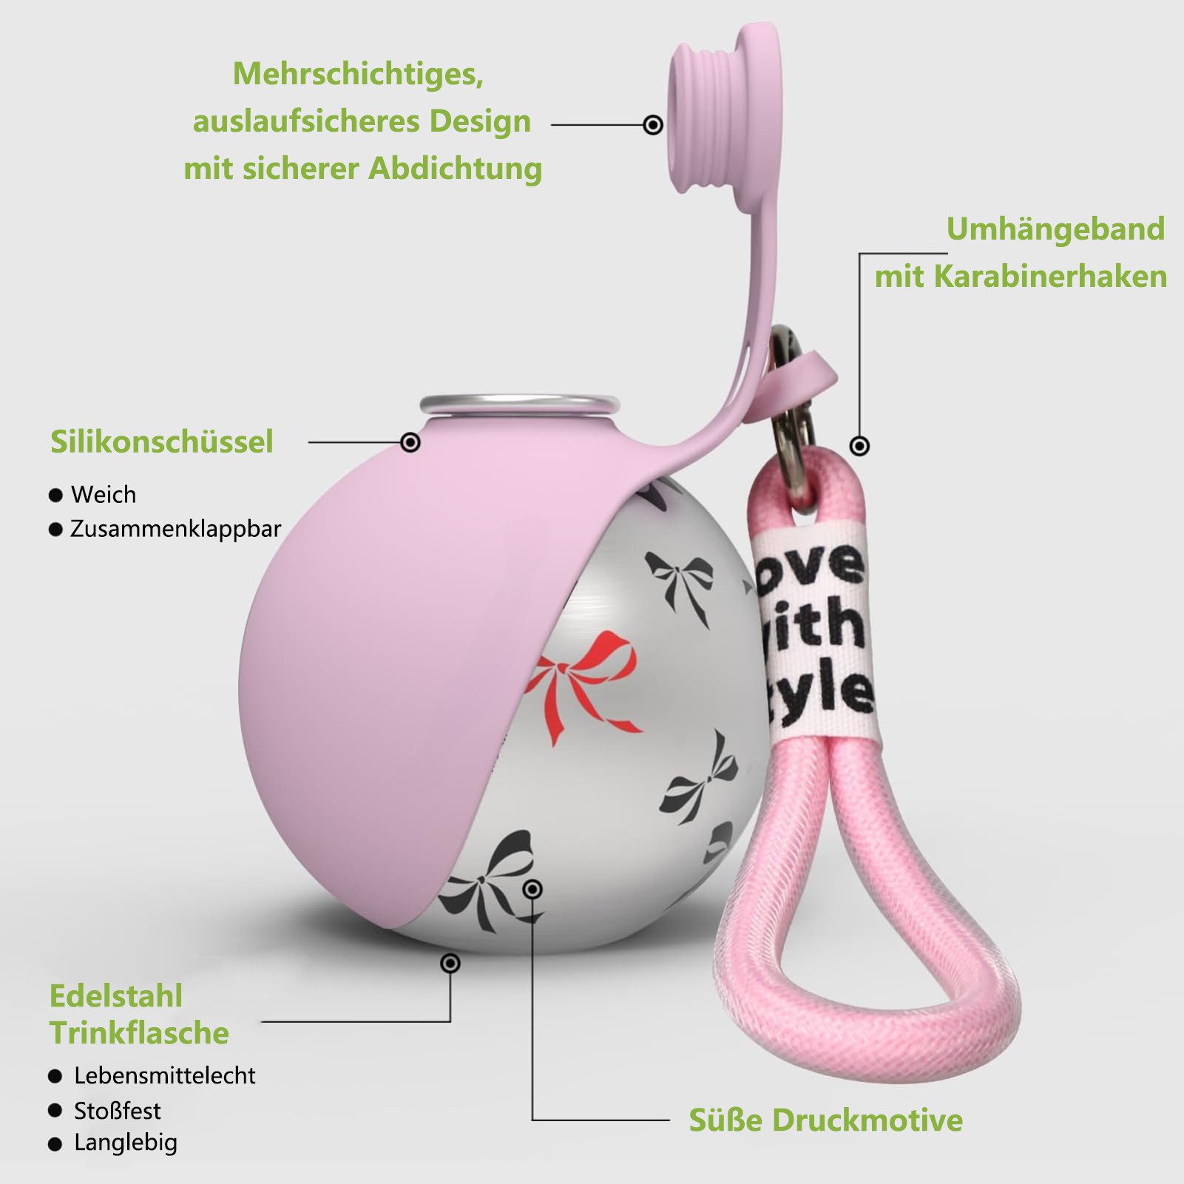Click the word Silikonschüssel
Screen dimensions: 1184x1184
(x=162, y=442)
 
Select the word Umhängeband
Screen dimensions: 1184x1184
(x=1055, y=229)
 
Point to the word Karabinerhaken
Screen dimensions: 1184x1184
(x=1050, y=276)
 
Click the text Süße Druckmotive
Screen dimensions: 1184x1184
(x=826, y=1120)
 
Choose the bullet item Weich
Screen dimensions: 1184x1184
(x=92, y=494)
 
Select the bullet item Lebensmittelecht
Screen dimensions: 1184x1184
(x=152, y=1075)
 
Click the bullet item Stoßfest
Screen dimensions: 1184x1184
(x=104, y=1110)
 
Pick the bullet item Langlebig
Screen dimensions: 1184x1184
(x=113, y=1143)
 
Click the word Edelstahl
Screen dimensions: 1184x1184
(x=115, y=996)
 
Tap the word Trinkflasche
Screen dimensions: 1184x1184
(x=139, y=1033)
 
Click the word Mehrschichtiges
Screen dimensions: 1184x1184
(x=359, y=75)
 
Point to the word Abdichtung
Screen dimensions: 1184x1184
(x=456, y=169)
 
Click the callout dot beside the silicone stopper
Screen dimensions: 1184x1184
(x=653, y=124)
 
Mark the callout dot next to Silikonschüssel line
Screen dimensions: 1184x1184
(x=410, y=442)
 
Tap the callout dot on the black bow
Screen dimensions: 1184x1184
(x=532, y=889)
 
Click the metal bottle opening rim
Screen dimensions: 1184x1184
(x=519, y=404)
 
